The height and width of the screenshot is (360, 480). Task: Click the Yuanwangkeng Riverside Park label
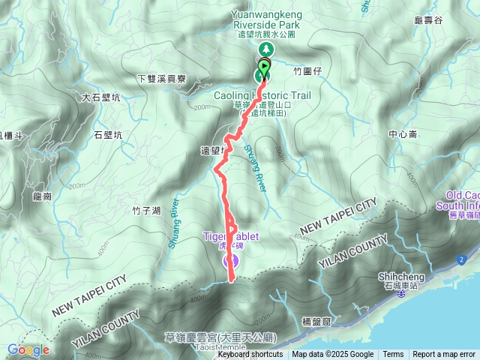tap(266, 16)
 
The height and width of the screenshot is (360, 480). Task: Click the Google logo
tap(28, 349)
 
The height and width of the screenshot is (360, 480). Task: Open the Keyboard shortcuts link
tap(250, 354)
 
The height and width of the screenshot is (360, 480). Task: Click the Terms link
tap(393, 354)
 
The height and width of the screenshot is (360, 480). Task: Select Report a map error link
tap(444, 354)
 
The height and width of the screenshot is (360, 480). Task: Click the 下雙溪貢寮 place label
tap(163, 79)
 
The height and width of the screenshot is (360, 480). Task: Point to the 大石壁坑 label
tap(100, 97)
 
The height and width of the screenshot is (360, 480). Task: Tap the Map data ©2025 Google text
tap(332, 354)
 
